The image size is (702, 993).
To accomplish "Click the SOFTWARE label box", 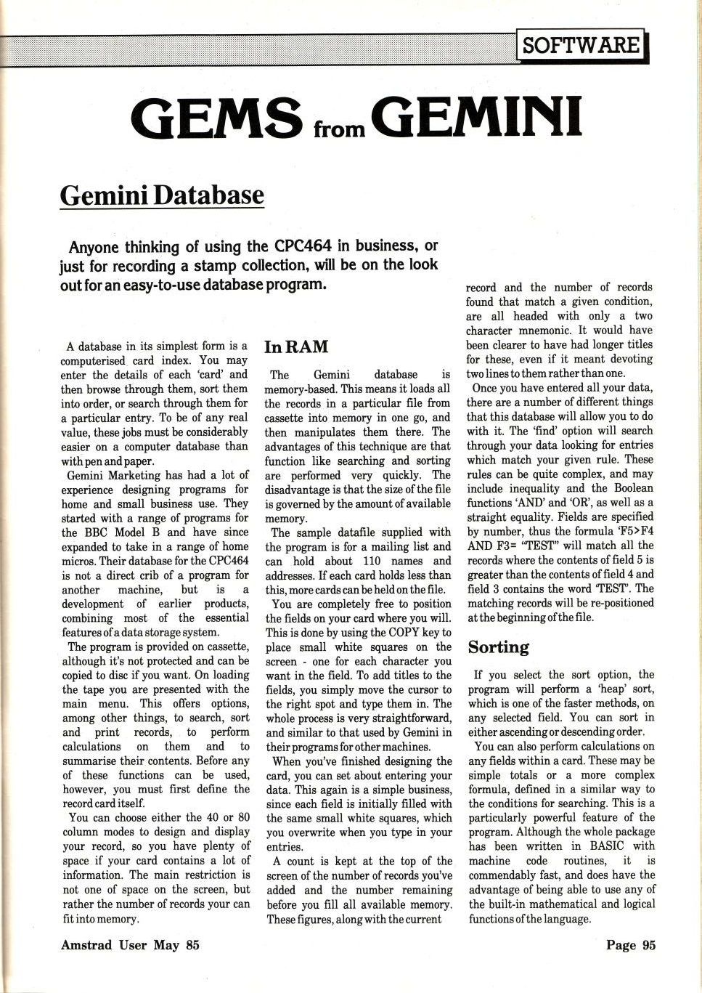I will (581, 46).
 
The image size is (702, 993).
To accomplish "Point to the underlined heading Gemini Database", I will (162, 195).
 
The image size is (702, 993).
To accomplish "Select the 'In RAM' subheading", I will (296, 346).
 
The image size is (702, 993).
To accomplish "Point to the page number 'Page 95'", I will (630, 945).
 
